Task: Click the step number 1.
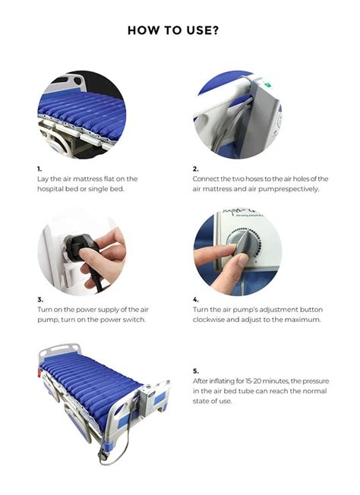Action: tap(39, 168)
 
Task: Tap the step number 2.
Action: tap(195, 168)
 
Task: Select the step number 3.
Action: tap(39, 299)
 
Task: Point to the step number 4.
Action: tap(195, 299)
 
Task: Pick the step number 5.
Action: tap(195, 370)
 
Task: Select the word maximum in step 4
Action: tap(304, 320)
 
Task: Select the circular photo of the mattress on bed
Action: tap(81, 115)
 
